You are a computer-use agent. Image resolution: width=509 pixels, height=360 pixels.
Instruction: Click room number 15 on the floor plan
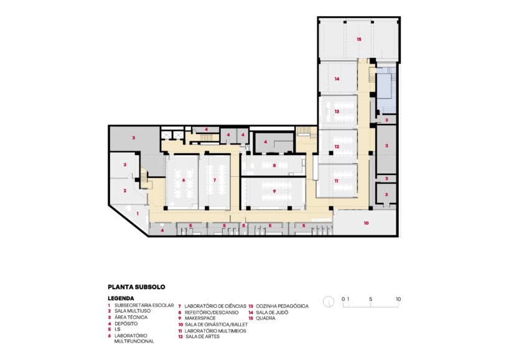(x=359, y=39)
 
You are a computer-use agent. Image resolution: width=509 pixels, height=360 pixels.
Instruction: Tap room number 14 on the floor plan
(x=336, y=79)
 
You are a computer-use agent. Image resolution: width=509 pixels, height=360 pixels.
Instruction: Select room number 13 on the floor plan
(x=336, y=111)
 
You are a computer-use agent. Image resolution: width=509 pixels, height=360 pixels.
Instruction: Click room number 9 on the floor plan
(x=273, y=191)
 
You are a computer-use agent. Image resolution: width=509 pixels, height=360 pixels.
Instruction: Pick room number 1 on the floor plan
(x=138, y=214)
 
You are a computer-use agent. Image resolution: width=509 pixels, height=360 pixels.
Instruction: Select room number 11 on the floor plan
(x=336, y=180)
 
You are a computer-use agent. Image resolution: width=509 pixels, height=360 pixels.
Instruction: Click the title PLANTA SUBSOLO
(x=136, y=287)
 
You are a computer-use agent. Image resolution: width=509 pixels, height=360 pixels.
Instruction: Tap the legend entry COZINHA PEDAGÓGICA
(x=282, y=306)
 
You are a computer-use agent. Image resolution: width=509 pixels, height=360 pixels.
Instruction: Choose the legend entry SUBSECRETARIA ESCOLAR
(x=143, y=306)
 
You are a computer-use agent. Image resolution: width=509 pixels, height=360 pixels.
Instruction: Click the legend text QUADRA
(x=266, y=318)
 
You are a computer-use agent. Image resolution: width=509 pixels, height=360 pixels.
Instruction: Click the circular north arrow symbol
(x=329, y=302)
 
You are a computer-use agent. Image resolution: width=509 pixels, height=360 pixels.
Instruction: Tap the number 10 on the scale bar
(x=398, y=299)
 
